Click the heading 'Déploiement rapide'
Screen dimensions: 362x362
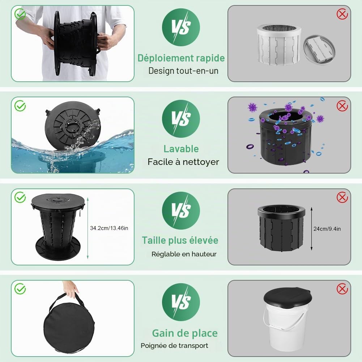(181, 58)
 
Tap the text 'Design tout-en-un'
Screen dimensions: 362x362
(183, 71)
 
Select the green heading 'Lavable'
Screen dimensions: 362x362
(181, 149)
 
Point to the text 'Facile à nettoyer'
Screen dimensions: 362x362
(183, 162)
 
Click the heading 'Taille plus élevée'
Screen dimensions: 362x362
(180, 240)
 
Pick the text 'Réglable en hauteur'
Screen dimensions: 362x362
(184, 254)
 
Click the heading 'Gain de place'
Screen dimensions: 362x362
(185, 333)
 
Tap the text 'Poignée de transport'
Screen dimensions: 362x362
(174, 346)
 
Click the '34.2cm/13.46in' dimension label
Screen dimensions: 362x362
(109, 228)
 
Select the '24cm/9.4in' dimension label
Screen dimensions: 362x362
(327, 229)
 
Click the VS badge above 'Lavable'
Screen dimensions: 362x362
(181, 119)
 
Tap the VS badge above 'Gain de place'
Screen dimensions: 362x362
(181, 302)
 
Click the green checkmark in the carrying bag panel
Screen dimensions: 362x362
(20, 289)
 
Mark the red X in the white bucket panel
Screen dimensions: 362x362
(342, 289)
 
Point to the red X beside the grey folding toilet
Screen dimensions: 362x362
(342, 14)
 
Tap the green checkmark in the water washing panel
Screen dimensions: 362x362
(20, 106)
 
